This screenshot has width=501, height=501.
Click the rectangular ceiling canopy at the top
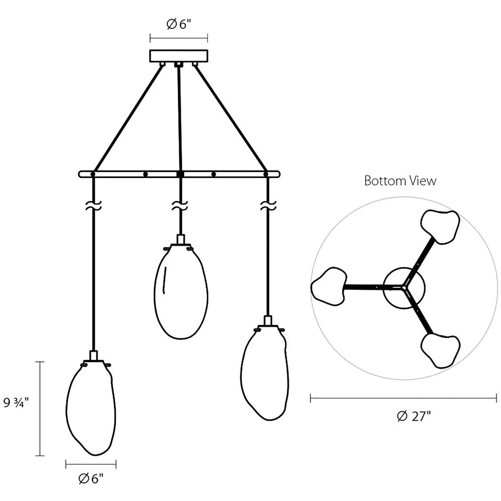tap(179, 55)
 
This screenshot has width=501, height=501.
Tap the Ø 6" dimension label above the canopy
tap(179, 25)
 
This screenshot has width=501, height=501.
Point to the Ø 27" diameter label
tap(414, 424)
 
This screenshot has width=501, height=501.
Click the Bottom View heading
tap(400, 181)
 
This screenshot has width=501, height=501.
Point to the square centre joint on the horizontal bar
tap(180, 174)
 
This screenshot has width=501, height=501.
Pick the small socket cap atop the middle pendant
tap(181, 239)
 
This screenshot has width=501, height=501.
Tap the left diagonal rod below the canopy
tap(128, 118)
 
